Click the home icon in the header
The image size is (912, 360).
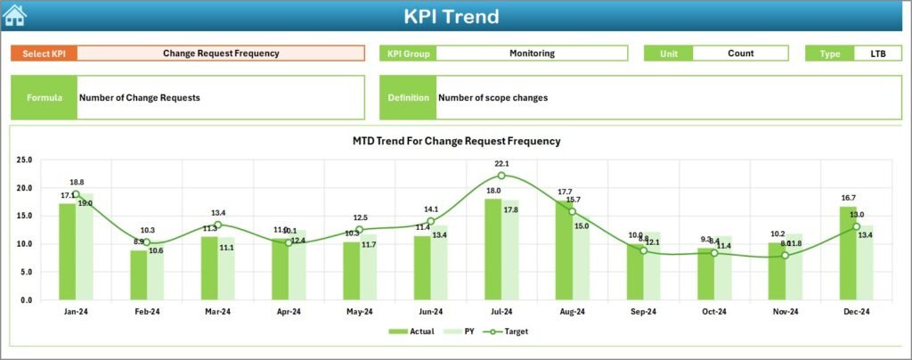[x=14, y=15]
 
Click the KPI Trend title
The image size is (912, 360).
[x=452, y=16]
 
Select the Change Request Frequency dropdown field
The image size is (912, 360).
[x=221, y=53]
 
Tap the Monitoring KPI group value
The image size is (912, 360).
[x=532, y=53]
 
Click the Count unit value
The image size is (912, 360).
[x=740, y=53]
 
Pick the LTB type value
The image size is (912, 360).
[x=877, y=53]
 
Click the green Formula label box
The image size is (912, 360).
[x=44, y=97]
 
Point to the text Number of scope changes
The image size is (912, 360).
[x=493, y=98]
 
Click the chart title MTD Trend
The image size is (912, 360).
[x=456, y=141]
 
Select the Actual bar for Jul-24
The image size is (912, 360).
[x=493, y=250]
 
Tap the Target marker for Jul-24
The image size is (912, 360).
[x=501, y=176]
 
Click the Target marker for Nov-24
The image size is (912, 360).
[x=785, y=256]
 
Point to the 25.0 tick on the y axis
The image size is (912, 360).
[x=24, y=160]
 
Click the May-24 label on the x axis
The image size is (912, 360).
[x=360, y=312]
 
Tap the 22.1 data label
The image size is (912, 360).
[x=501, y=164]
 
